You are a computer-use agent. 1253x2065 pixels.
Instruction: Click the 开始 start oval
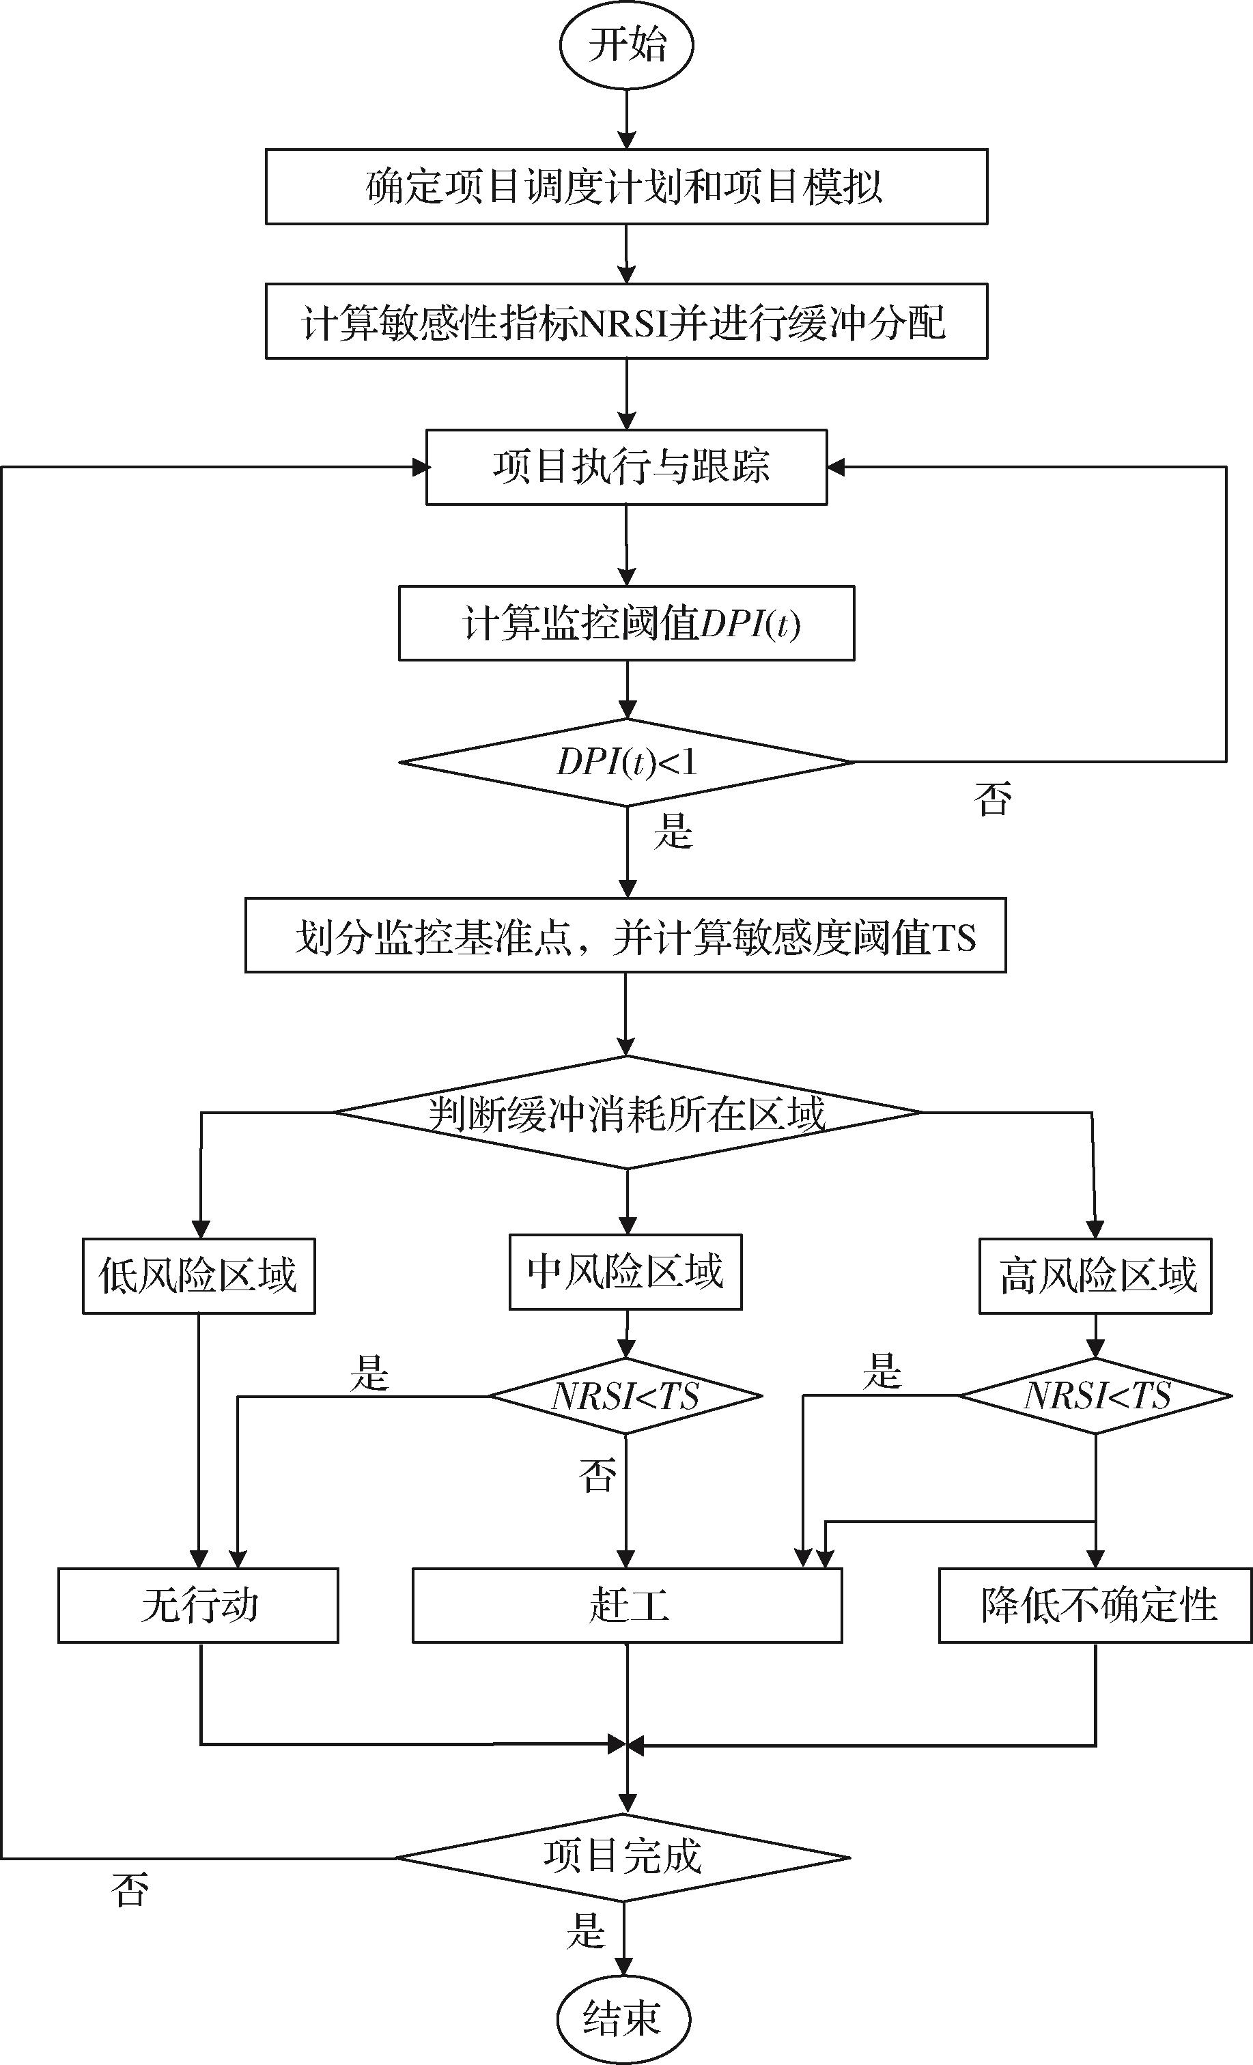(x=626, y=45)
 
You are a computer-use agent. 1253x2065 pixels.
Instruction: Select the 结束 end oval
(x=623, y=2018)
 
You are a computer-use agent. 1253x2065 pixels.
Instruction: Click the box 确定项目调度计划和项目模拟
(x=626, y=187)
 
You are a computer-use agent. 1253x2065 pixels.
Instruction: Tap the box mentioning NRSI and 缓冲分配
(x=626, y=322)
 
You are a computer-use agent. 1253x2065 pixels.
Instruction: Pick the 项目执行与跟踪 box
(x=626, y=468)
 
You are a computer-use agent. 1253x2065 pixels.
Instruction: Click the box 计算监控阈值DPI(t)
(x=626, y=623)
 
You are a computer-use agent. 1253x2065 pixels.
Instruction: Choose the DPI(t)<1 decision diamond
(x=626, y=763)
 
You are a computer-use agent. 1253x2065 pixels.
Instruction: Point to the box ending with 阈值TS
(x=625, y=936)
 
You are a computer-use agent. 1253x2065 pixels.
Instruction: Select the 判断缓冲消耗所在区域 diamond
(x=627, y=1113)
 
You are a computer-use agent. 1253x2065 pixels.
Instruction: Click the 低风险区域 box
(x=199, y=1276)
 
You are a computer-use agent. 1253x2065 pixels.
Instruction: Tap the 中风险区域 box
(x=625, y=1271)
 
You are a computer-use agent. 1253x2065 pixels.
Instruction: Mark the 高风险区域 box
(x=1095, y=1276)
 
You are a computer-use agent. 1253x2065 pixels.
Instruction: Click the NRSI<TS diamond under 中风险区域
(x=625, y=1396)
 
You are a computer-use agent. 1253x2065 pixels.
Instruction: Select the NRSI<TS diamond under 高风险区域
(x=1095, y=1396)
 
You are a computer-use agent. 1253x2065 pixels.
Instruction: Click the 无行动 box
(x=198, y=1606)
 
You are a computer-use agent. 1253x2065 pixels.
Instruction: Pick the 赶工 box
(x=627, y=1606)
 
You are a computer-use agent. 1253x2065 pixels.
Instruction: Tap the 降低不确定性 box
(x=1095, y=1606)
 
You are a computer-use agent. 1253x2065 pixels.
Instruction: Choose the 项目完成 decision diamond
(x=623, y=1858)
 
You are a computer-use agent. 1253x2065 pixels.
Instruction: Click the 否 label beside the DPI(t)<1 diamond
(x=992, y=798)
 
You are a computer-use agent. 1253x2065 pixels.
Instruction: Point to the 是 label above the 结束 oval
(x=585, y=1930)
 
